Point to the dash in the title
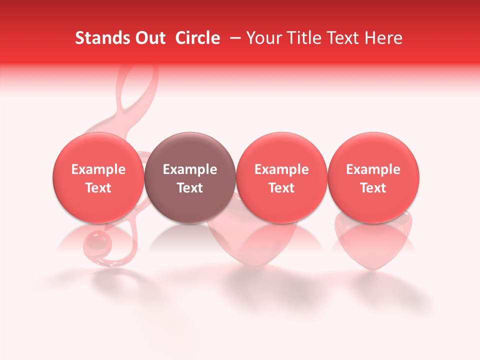pyautogui.click(x=233, y=38)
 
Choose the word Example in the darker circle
pyautogui.click(x=190, y=169)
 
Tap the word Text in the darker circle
pyautogui.click(x=190, y=188)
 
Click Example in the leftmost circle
pyautogui.click(x=98, y=169)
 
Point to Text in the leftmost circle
pyautogui.click(x=98, y=188)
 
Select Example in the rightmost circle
pyautogui.click(x=373, y=169)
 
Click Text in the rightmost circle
pyautogui.click(x=373, y=188)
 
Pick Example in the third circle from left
pyautogui.click(x=281, y=169)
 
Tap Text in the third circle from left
pyautogui.click(x=281, y=188)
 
